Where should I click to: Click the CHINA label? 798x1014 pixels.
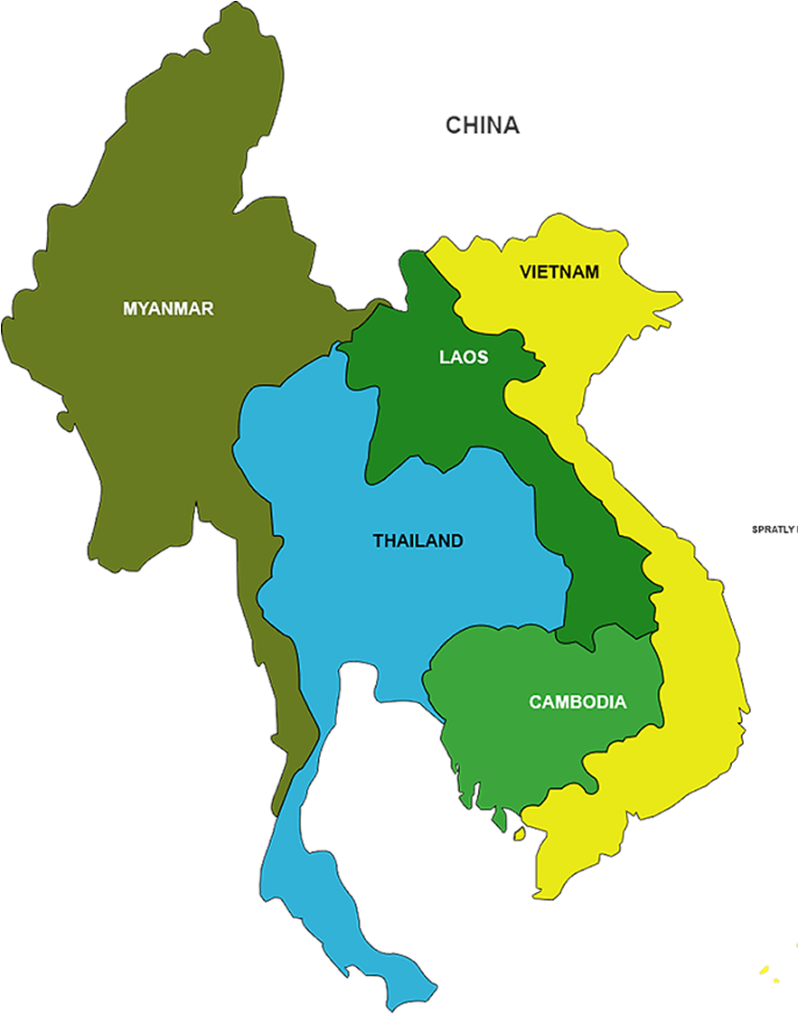coord(482,125)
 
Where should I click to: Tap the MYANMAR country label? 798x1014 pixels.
coord(168,308)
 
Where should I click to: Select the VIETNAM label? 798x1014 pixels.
coord(559,271)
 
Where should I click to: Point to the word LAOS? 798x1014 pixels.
coord(464,357)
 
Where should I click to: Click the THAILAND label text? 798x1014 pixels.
coord(418,541)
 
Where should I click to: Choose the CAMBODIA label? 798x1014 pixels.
coord(577,701)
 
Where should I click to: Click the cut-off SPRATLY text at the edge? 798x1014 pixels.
coord(774,529)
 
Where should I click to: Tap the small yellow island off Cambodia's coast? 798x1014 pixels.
coord(518,833)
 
